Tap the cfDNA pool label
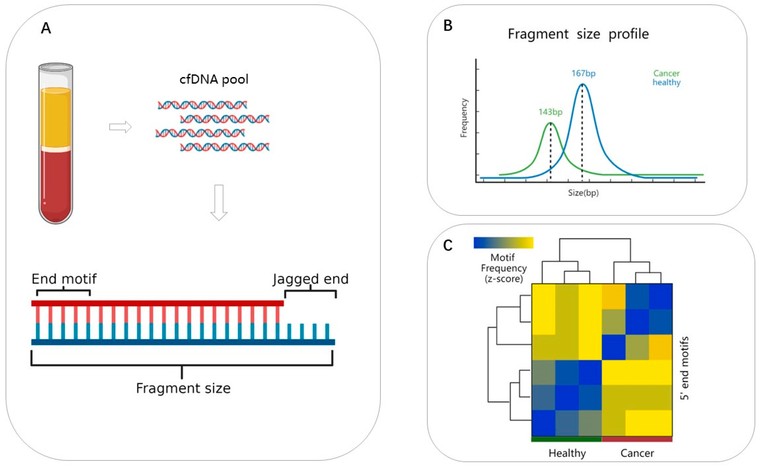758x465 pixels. point(214,79)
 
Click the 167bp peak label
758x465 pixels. point(583,74)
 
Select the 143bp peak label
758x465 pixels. point(550,112)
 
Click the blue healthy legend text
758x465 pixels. point(666,82)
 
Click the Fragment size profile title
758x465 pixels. point(578,34)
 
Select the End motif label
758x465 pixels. point(64,279)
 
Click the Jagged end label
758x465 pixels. point(310,279)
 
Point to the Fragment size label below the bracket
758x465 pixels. point(183,388)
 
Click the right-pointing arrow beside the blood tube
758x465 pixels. point(120,127)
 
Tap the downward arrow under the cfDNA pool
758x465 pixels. point(219,203)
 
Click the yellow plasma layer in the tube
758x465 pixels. point(56,117)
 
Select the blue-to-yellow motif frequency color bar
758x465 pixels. point(503,243)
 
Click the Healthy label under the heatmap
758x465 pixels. point(567,453)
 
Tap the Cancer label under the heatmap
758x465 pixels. point(637,453)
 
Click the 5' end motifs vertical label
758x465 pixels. point(684,368)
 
